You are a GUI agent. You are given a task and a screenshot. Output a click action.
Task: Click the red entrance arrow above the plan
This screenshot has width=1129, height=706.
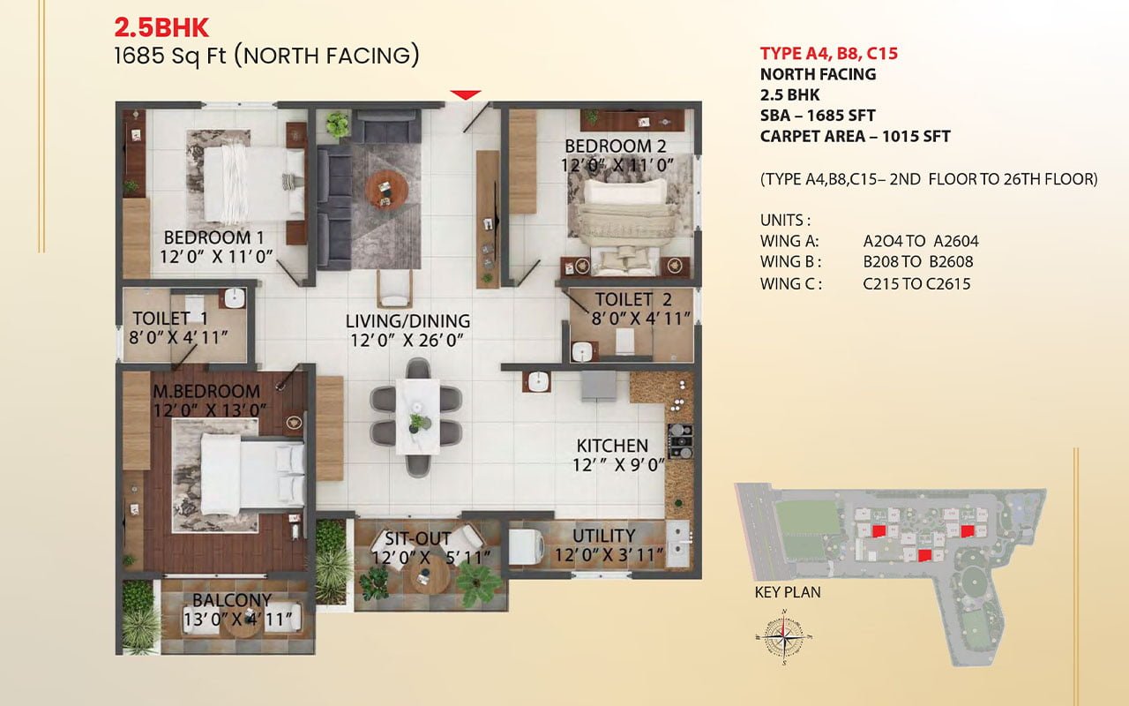click(466, 94)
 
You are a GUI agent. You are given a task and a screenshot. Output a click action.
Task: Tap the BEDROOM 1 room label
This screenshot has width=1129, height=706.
click(214, 237)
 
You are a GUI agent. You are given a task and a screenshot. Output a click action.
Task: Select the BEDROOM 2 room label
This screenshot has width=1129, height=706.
click(616, 146)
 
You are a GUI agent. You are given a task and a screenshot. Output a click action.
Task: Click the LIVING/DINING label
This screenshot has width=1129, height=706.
click(407, 321)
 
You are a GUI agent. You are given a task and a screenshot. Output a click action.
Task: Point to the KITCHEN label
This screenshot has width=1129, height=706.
click(612, 446)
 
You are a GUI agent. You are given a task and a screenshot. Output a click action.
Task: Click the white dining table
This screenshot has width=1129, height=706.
click(417, 417)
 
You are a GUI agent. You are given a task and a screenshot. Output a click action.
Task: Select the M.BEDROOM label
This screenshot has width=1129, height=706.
click(206, 391)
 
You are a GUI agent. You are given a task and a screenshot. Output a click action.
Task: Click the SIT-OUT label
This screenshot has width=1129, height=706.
click(417, 538)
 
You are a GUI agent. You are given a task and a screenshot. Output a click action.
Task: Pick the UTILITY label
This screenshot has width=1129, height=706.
click(604, 536)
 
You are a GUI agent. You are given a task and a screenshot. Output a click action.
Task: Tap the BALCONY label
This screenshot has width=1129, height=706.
click(232, 600)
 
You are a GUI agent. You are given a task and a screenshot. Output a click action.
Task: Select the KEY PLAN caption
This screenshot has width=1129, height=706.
click(788, 592)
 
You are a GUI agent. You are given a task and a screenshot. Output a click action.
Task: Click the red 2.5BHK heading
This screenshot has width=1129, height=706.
click(161, 27)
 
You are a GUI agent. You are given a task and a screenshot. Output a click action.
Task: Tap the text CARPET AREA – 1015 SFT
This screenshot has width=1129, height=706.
click(856, 137)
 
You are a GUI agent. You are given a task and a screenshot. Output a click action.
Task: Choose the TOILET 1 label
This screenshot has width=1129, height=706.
click(170, 319)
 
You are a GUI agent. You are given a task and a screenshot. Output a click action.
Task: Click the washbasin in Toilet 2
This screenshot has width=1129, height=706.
click(584, 352)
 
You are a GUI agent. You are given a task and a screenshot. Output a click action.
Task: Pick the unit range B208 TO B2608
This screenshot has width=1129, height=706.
click(918, 262)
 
